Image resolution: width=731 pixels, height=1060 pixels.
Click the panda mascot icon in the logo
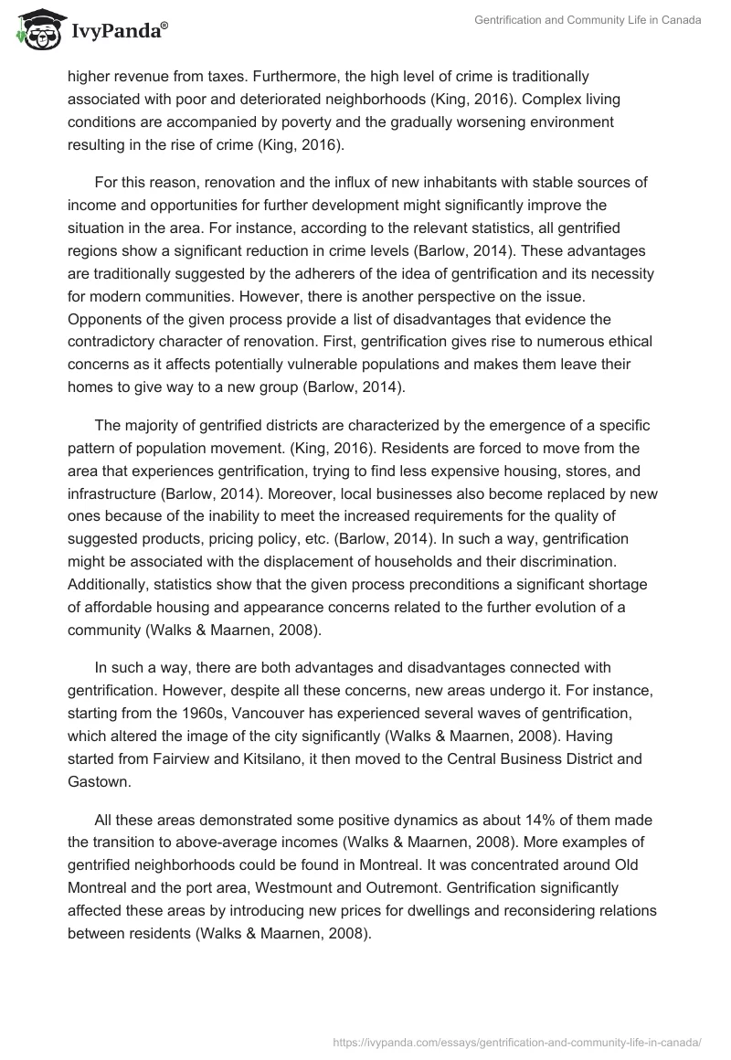pos(34,30)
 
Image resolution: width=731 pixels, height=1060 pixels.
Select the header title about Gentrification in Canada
pos(588,21)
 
